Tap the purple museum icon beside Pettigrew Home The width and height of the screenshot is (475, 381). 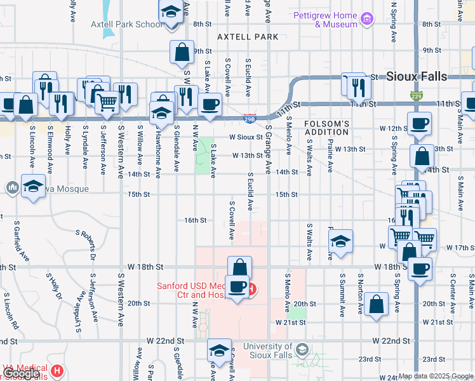point(366,20)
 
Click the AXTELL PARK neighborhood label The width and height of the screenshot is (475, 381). point(248,37)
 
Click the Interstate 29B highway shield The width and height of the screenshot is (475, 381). point(250,117)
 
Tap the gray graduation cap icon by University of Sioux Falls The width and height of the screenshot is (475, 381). point(303,350)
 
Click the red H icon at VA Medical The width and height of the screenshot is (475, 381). point(58,370)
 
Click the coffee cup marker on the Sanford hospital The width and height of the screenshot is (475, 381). point(237,288)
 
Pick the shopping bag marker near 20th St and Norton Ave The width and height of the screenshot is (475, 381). point(377,304)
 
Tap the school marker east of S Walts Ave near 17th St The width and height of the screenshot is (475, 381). point(341,241)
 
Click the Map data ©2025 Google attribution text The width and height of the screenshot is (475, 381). point(436,376)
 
